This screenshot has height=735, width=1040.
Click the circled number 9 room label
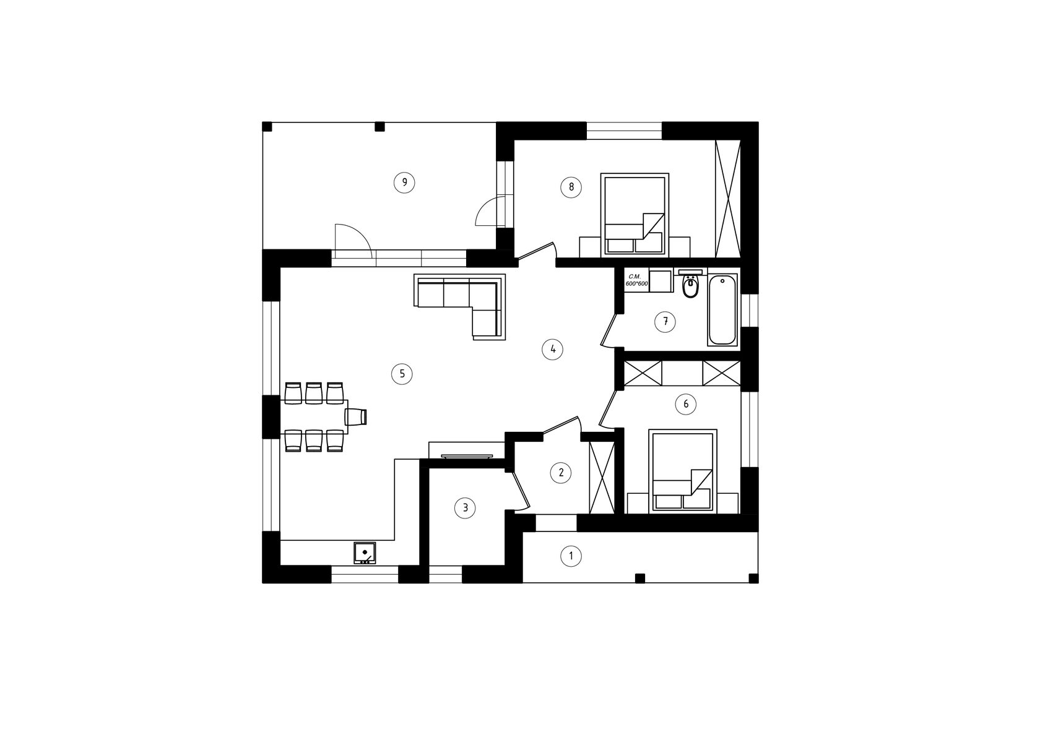point(404,183)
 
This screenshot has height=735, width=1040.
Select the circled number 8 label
point(571,187)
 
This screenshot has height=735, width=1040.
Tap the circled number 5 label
point(402,374)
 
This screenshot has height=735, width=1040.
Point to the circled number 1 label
point(571,556)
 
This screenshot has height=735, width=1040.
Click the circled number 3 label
point(466,508)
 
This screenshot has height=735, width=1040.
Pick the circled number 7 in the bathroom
point(665,322)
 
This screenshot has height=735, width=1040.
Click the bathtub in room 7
point(722,309)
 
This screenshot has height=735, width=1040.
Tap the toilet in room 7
point(690,284)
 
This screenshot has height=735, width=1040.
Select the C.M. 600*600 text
point(636,280)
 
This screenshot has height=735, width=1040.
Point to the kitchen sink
point(365,552)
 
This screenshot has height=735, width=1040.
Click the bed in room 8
point(635,215)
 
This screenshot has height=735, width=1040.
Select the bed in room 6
point(682,471)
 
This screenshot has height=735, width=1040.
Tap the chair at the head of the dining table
point(356,416)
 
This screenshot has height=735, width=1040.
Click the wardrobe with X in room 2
point(602,477)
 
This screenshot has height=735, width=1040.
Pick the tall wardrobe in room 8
point(727,198)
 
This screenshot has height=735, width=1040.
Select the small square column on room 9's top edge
point(380,126)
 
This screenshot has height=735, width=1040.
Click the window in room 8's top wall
point(624,131)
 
